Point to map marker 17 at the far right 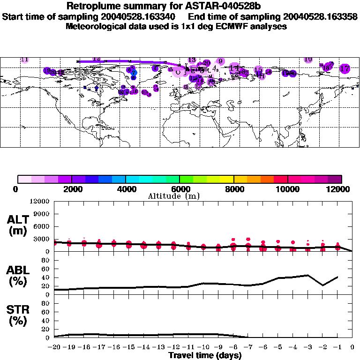pos(345,68)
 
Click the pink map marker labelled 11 pos(25,60)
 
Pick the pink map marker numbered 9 pos(220,61)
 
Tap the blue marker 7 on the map pos(134,73)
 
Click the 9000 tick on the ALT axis pos(42,213)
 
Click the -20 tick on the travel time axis pos(54,347)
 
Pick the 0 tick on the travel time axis pos(352,347)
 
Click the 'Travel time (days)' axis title pos(205,355)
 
